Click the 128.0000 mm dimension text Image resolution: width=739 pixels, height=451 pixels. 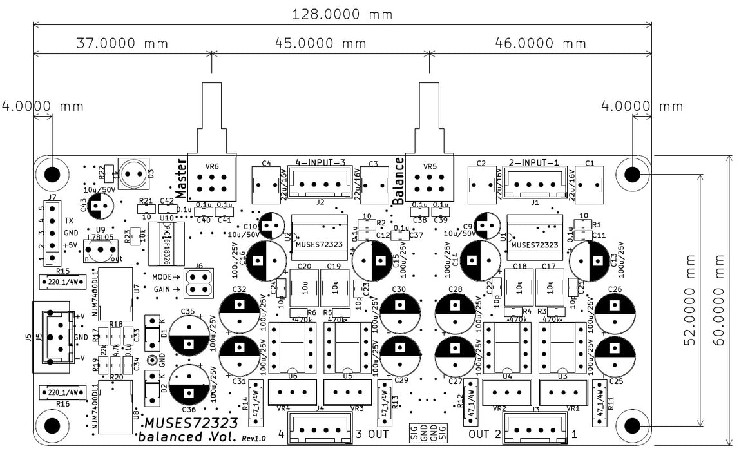click(343, 14)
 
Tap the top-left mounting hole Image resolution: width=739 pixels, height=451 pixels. click(50, 174)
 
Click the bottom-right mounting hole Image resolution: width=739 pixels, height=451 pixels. click(632, 425)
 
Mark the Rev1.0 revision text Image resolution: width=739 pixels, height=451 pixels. click(254, 438)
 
